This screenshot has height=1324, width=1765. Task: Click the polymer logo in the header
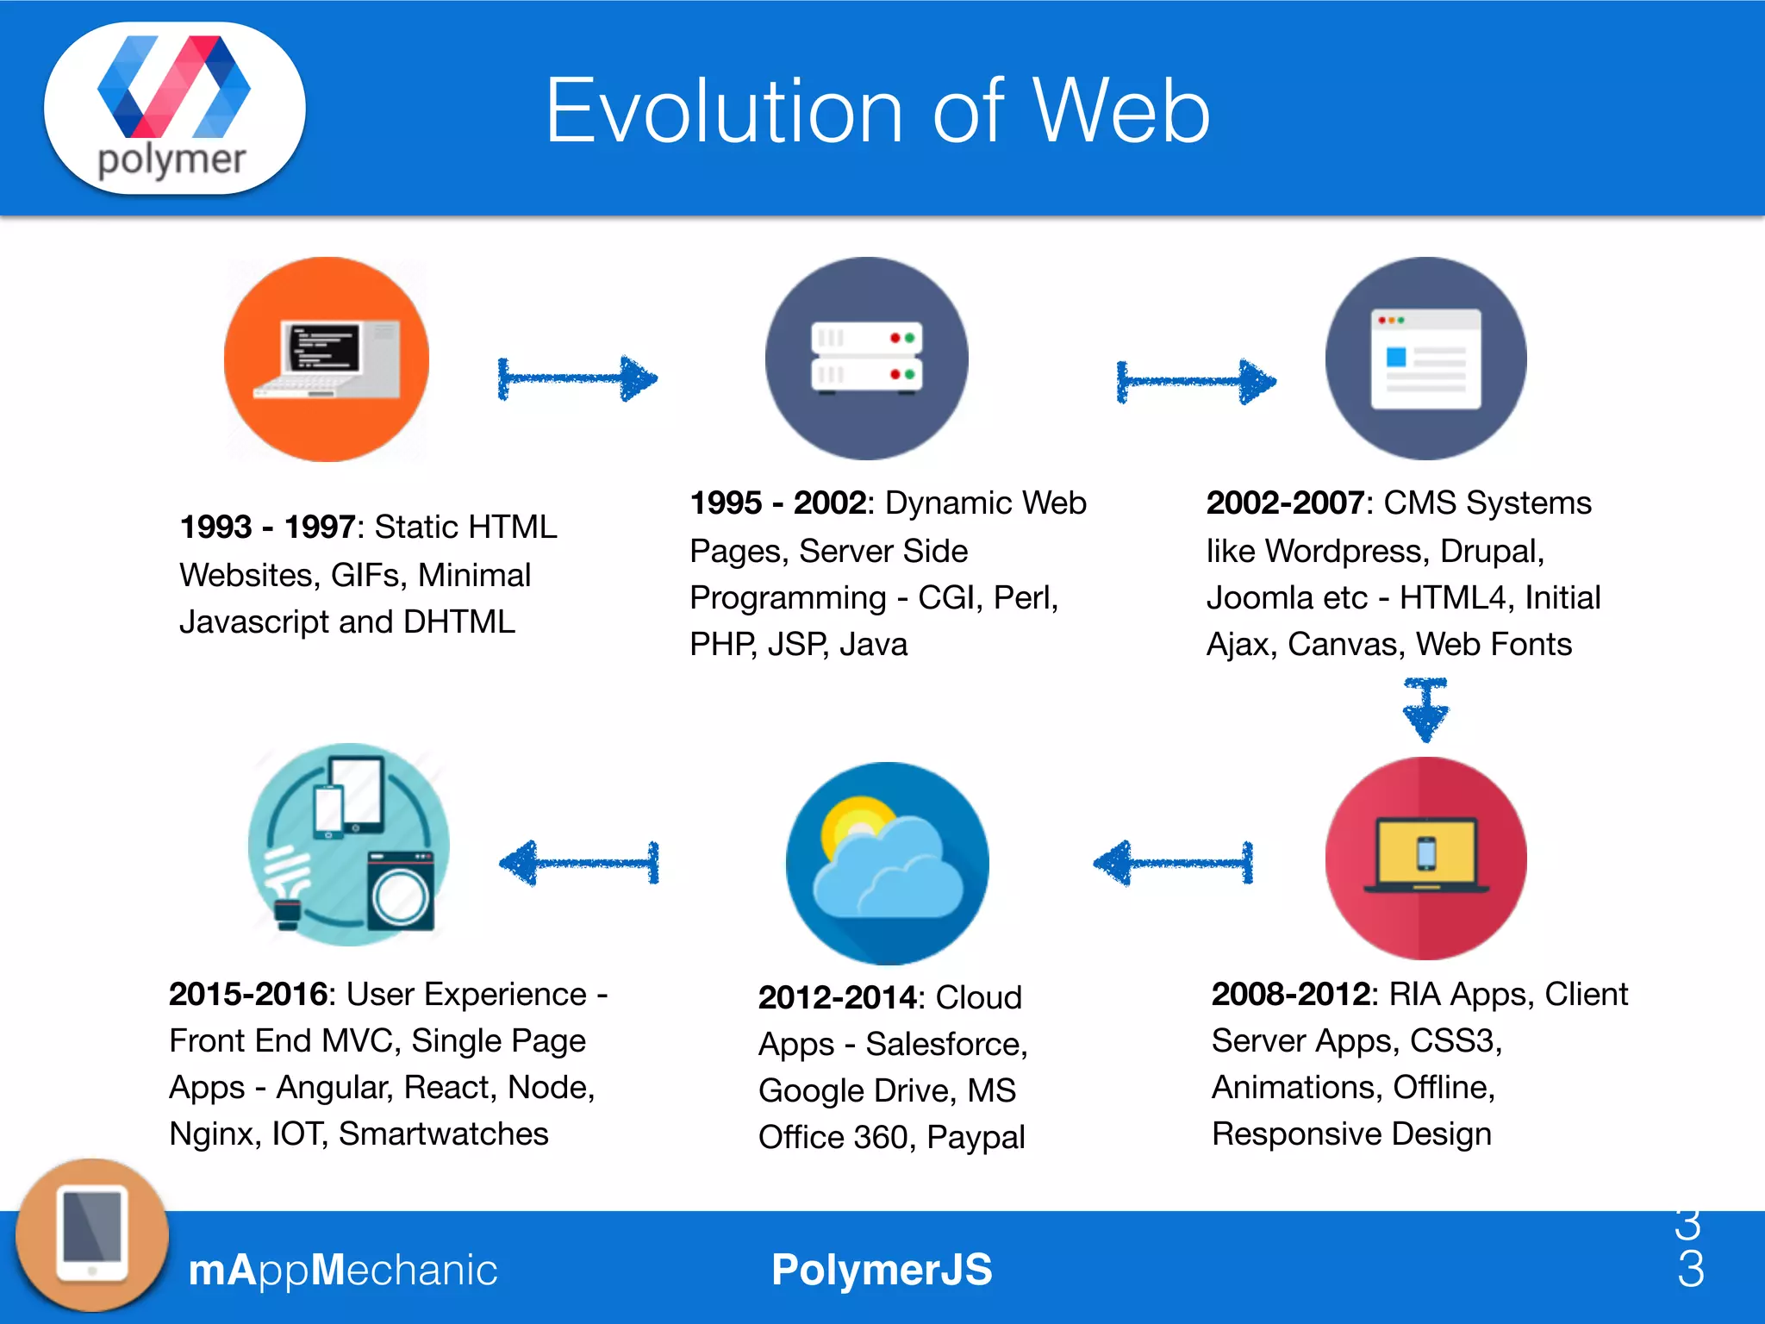[174, 108]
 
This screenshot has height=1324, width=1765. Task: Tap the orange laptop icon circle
[327, 359]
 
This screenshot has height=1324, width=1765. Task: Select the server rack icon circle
[866, 359]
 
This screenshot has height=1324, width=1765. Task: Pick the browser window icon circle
[1425, 359]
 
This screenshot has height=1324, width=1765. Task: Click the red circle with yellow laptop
[1425, 859]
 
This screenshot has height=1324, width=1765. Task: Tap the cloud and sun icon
[887, 863]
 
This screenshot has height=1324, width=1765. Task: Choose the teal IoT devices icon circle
[349, 845]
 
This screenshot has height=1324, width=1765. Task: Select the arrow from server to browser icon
[1196, 381]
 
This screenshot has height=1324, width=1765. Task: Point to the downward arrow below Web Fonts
[1425, 709]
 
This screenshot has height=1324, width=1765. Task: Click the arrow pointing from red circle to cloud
[1173, 862]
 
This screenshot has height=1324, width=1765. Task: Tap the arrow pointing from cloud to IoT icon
[579, 862]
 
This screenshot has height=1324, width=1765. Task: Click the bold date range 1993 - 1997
[267, 527]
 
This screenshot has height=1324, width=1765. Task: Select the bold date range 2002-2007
[1284, 503]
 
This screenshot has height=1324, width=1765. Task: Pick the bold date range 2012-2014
[836, 997]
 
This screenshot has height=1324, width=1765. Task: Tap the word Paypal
[976, 1137]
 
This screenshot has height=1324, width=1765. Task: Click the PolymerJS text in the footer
[882, 1270]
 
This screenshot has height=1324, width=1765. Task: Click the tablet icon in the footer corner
[92, 1235]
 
